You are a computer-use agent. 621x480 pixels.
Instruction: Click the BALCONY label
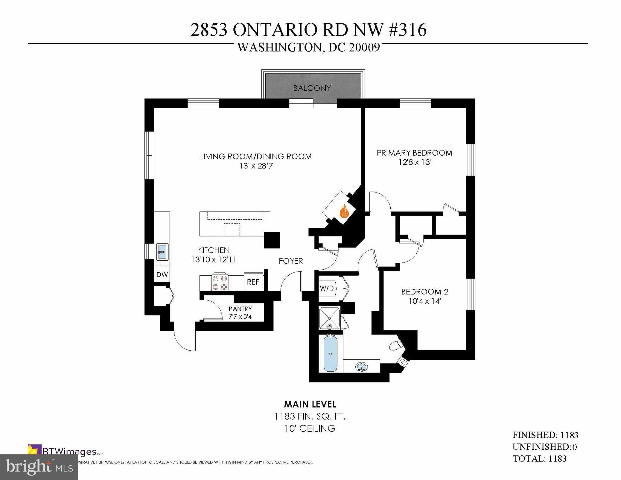pyautogui.click(x=312, y=88)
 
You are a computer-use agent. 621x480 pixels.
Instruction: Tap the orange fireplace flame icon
pyautogui.click(x=344, y=211)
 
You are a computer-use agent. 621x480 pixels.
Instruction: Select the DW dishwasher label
pyautogui.click(x=162, y=274)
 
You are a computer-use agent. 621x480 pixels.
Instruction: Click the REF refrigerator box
pyautogui.click(x=253, y=282)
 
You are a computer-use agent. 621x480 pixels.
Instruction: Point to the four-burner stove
pyautogui.click(x=220, y=282)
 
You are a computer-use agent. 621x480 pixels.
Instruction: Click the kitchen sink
pyautogui.click(x=162, y=252)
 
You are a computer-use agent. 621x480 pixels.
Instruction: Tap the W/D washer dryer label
pyautogui.click(x=327, y=288)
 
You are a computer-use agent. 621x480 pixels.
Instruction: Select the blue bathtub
pyautogui.click(x=330, y=353)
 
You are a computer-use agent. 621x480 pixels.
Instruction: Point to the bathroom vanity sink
pyautogui.click(x=362, y=366)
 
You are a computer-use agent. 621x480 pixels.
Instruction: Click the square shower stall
pyautogui.click(x=329, y=318)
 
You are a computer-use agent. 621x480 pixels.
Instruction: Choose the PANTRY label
pyautogui.click(x=240, y=309)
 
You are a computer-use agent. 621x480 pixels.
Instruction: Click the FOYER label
pyautogui.click(x=291, y=261)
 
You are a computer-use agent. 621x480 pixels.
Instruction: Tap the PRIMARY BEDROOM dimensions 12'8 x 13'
pyautogui.click(x=414, y=162)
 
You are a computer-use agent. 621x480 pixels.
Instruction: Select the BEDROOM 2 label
pyautogui.click(x=424, y=292)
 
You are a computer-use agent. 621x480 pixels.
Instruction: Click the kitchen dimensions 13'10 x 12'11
pyautogui.click(x=214, y=259)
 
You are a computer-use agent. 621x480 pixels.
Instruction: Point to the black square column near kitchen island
pyautogui.click(x=272, y=240)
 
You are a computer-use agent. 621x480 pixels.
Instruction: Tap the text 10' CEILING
pyautogui.click(x=310, y=428)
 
